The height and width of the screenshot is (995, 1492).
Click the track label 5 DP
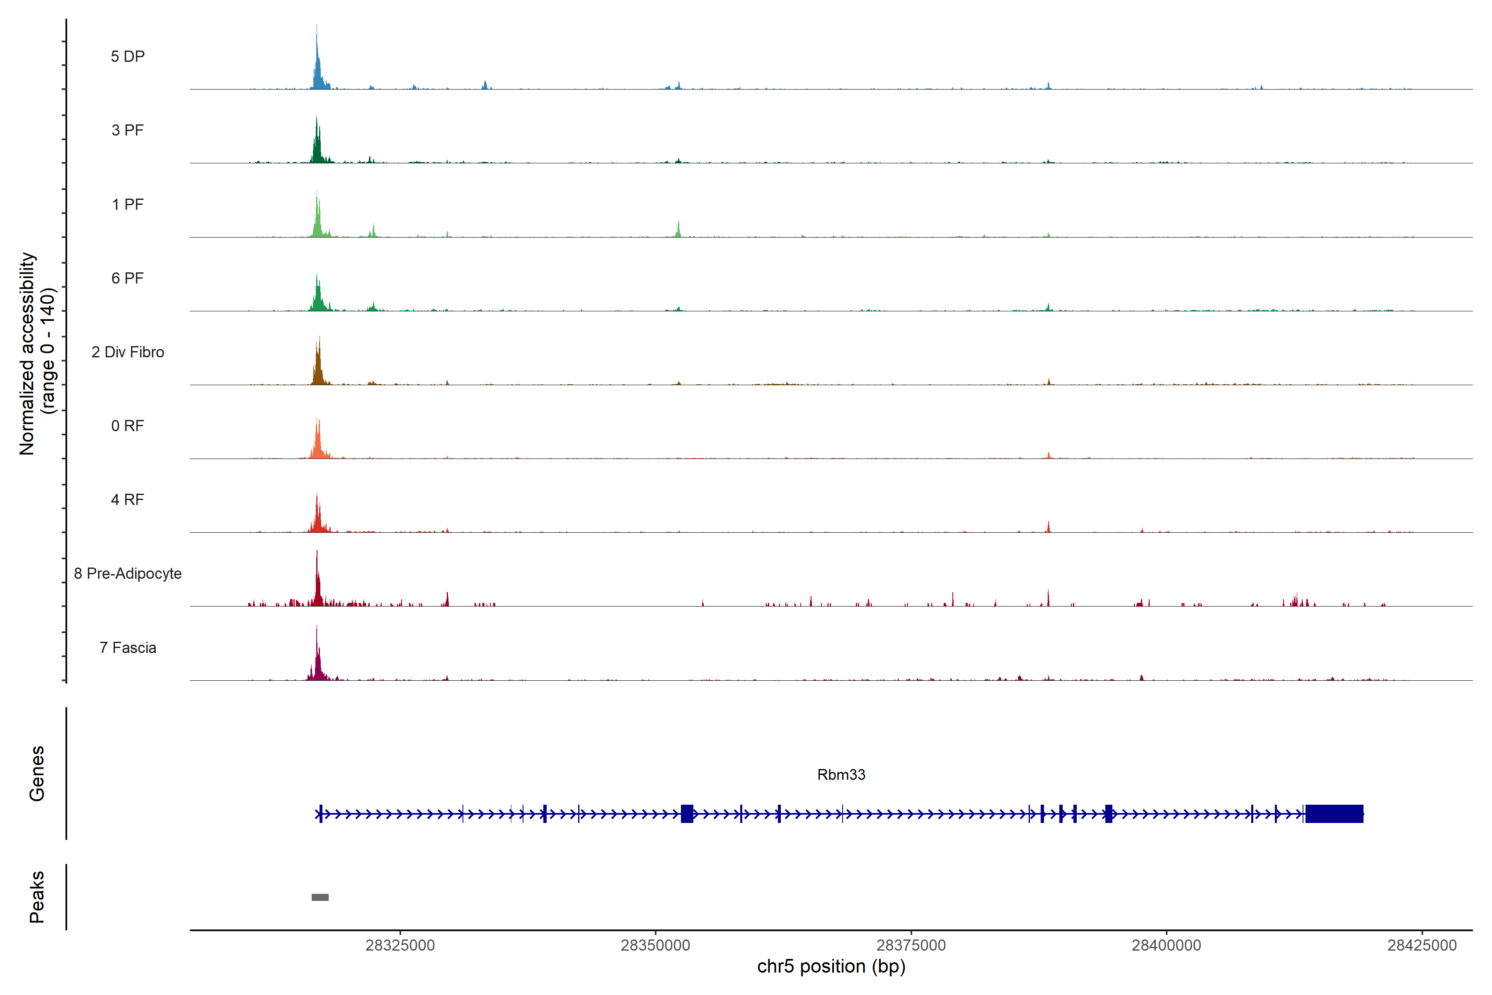coord(128,56)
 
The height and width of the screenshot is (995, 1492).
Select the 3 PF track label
coord(128,130)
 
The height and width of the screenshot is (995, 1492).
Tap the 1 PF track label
coord(128,204)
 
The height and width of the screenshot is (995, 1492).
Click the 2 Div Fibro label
coord(128,352)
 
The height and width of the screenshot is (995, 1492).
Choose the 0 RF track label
coord(128,426)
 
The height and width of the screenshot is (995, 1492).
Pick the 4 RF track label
coord(128,500)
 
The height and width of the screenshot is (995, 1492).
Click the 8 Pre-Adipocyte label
coord(128,574)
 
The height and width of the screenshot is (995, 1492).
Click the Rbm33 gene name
coord(841,775)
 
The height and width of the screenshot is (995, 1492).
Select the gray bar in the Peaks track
coord(320,897)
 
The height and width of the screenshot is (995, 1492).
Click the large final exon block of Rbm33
coord(1334,813)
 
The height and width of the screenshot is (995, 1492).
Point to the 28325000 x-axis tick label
coord(400,946)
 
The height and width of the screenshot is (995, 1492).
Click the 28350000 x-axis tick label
coord(655,946)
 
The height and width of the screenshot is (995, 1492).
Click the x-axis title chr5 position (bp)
coord(831,966)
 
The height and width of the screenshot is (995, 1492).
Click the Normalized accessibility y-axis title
coord(37,354)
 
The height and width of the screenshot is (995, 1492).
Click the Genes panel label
coord(37,774)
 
